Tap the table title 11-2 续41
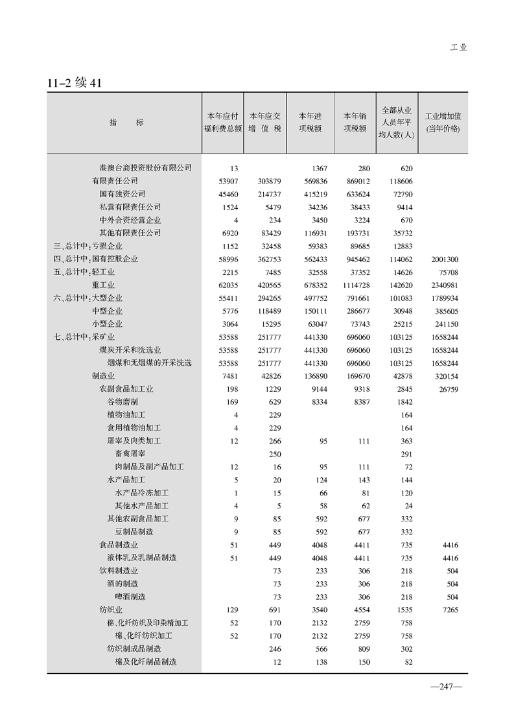click(x=74, y=83)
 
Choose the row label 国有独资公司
click(x=122, y=194)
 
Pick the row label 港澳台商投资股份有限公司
click(x=145, y=168)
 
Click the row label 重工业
click(x=103, y=285)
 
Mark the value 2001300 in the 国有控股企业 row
click(x=444, y=259)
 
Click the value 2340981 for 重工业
click(x=444, y=285)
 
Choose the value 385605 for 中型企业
click(x=446, y=311)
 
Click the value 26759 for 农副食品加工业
click(x=448, y=389)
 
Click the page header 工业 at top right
click(x=458, y=47)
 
